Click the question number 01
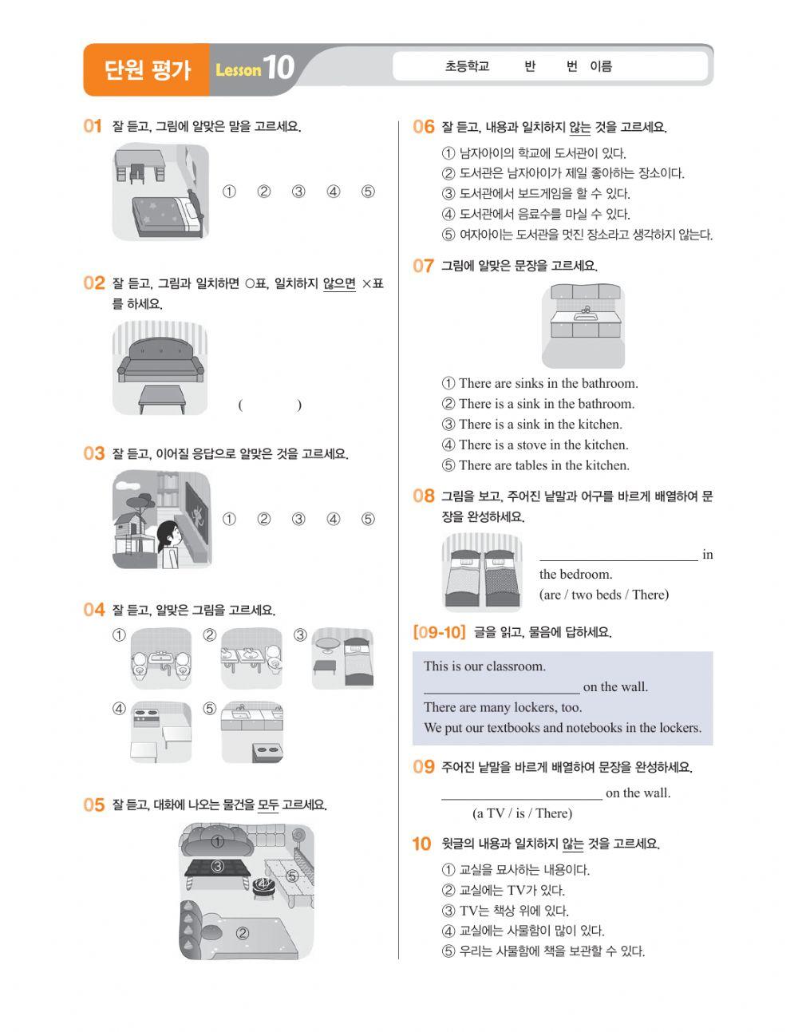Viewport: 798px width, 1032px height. coord(93,126)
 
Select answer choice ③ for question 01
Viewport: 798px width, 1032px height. coord(298,192)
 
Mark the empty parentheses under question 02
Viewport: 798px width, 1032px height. coord(270,405)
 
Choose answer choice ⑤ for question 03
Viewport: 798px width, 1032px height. coord(368,520)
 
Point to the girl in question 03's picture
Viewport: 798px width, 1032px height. coord(169,544)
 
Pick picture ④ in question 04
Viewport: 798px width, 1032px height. coord(161,731)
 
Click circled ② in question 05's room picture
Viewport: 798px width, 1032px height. coord(242,933)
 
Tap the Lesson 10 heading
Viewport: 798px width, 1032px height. coord(255,69)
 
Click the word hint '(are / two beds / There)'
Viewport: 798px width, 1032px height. coord(604,595)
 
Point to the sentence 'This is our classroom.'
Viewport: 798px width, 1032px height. coord(484,666)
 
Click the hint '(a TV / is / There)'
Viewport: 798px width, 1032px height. coord(522,813)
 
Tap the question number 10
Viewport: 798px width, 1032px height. coord(421,844)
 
